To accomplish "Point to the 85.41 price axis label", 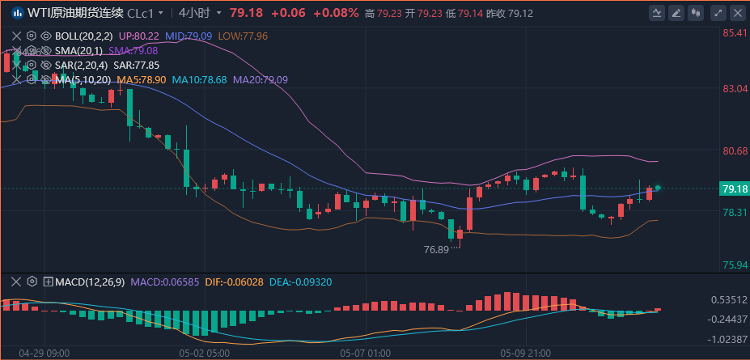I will point(735,33).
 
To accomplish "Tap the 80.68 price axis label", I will point(735,151).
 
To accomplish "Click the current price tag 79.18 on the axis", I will point(734,188).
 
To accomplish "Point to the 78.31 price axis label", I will point(735,213).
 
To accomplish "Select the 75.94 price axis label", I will point(735,265).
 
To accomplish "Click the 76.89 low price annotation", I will point(436,250).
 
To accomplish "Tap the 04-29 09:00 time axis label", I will point(44,354).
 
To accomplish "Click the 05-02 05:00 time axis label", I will point(205,354).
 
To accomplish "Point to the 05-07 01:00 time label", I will point(366,354).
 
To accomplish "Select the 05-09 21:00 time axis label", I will point(526,354).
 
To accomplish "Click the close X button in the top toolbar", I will point(737,13).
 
